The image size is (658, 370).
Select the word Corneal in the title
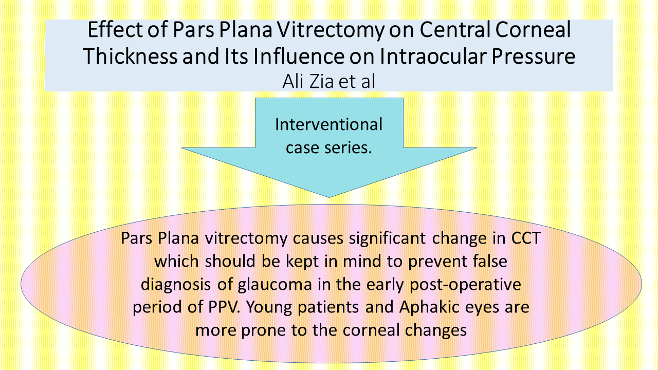533,29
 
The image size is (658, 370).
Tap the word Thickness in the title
131,56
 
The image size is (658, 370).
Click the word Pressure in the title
534,56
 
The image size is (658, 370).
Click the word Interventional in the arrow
328,124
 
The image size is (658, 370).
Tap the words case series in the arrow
328,147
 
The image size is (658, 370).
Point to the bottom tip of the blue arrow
329,197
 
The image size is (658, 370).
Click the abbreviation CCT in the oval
526,238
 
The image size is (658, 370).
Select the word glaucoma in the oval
275,284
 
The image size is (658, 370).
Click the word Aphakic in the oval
424,307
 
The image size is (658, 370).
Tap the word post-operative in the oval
465,284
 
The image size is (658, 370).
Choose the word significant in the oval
387,238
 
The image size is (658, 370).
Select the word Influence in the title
299,56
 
